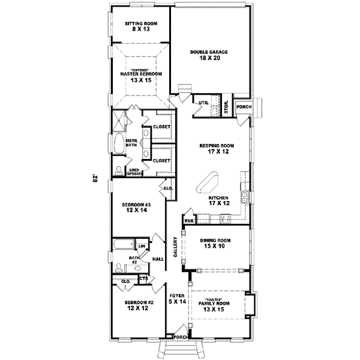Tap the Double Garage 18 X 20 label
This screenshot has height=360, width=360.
[209, 55]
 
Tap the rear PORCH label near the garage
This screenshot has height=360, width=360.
[244, 107]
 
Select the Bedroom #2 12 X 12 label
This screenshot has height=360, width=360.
[137, 306]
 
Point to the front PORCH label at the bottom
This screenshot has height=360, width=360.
[179, 337]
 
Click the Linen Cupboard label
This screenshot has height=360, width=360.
[136, 172]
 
